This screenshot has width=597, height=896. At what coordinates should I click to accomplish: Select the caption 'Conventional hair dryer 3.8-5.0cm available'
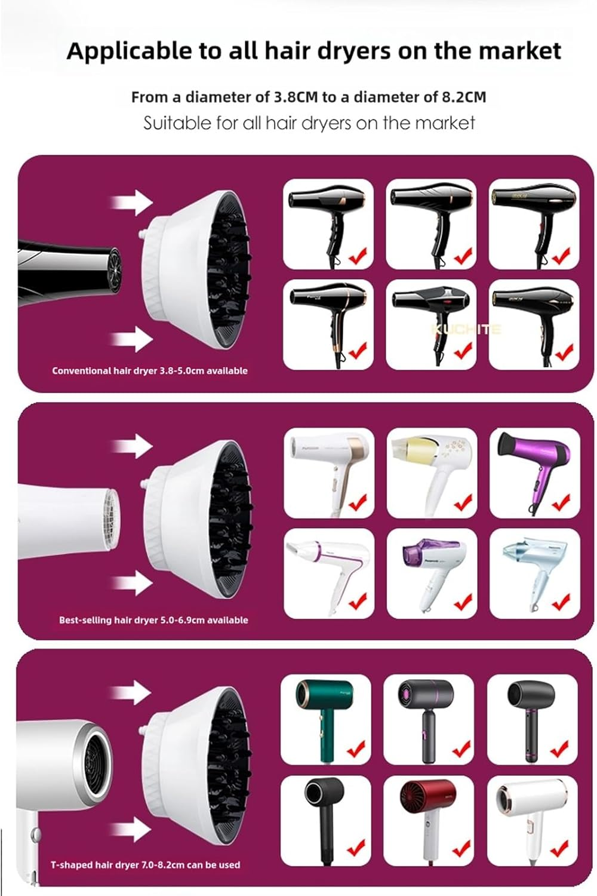(x=149, y=371)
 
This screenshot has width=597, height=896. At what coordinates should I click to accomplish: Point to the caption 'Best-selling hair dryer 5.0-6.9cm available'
(x=153, y=620)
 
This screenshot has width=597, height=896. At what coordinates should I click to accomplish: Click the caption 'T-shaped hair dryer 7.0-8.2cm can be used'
(x=145, y=864)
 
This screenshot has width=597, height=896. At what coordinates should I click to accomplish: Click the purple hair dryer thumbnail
(x=534, y=472)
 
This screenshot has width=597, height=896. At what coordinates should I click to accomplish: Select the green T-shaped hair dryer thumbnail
(x=325, y=720)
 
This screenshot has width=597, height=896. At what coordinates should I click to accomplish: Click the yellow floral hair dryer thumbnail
(x=431, y=472)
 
